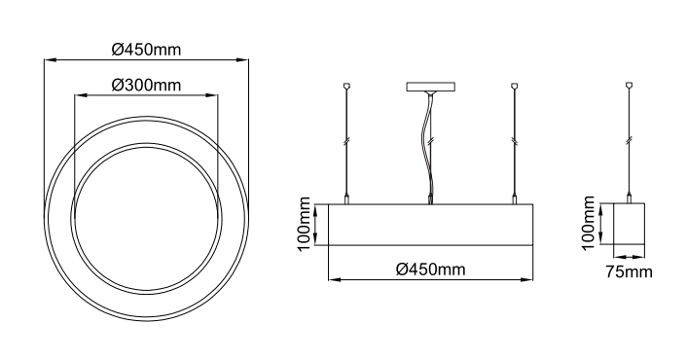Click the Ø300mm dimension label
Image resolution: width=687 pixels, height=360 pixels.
click(x=146, y=85)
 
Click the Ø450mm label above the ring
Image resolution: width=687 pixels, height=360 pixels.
click(x=146, y=50)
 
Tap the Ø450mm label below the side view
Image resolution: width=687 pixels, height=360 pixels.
click(x=431, y=269)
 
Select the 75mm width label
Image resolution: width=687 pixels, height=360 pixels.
click(x=630, y=272)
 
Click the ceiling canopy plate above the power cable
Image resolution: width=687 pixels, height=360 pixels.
click(x=431, y=87)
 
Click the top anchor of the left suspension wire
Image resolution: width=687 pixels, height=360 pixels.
click(x=347, y=86)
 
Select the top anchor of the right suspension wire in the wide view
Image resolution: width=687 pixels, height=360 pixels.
click(x=515, y=86)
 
